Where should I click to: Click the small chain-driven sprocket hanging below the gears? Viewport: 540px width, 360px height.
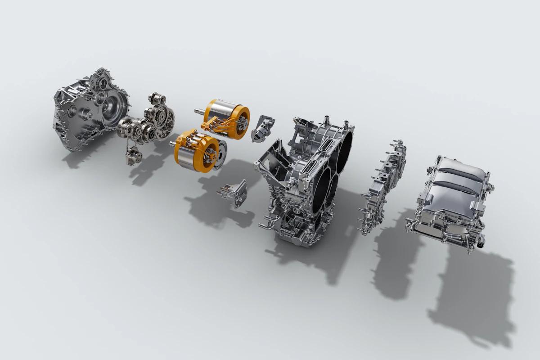point(134,155)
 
